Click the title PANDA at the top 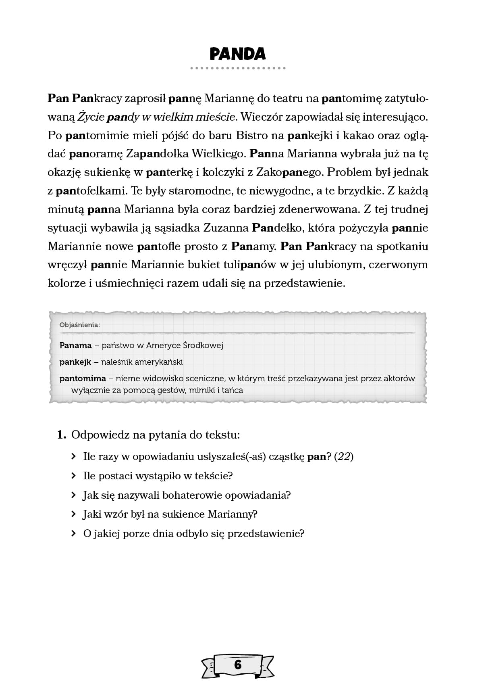click(238, 54)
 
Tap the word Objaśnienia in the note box click(79, 325)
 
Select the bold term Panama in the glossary click(76, 345)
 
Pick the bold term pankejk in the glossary click(75, 362)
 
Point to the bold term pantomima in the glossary click(83, 378)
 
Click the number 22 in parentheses click(344, 457)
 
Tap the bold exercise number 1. click(61, 435)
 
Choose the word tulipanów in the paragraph click(249, 265)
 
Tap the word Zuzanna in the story click(226, 228)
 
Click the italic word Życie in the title click(90, 117)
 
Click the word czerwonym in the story click(399, 265)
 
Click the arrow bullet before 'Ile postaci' click(73, 476)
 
